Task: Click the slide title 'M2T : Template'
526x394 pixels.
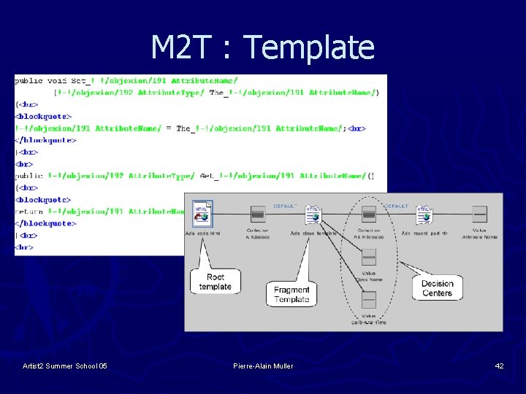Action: click(262, 47)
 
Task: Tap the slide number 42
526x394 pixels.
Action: click(499, 366)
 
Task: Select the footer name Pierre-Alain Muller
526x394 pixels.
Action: click(263, 366)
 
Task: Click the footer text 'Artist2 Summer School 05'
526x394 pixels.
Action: click(65, 366)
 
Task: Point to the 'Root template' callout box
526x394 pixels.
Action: click(215, 282)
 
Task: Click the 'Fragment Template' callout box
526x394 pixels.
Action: click(291, 294)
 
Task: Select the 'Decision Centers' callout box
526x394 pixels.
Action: click(437, 288)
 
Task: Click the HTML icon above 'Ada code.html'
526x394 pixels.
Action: click(202, 213)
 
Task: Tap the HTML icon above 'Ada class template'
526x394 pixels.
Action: click(313, 215)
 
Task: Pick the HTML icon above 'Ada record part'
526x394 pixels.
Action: click(424, 215)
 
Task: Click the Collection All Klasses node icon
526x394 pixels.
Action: click(257, 214)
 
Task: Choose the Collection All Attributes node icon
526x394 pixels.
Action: click(368, 214)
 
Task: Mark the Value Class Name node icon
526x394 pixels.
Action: click(368, 257)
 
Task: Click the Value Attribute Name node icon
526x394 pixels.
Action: click(479, 214)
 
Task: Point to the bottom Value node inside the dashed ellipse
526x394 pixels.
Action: click(368, 299)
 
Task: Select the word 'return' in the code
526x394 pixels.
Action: click(29, 211)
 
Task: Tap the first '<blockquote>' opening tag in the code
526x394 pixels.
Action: click(43, 116)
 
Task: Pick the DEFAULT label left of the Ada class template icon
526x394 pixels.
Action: click(285, 206)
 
